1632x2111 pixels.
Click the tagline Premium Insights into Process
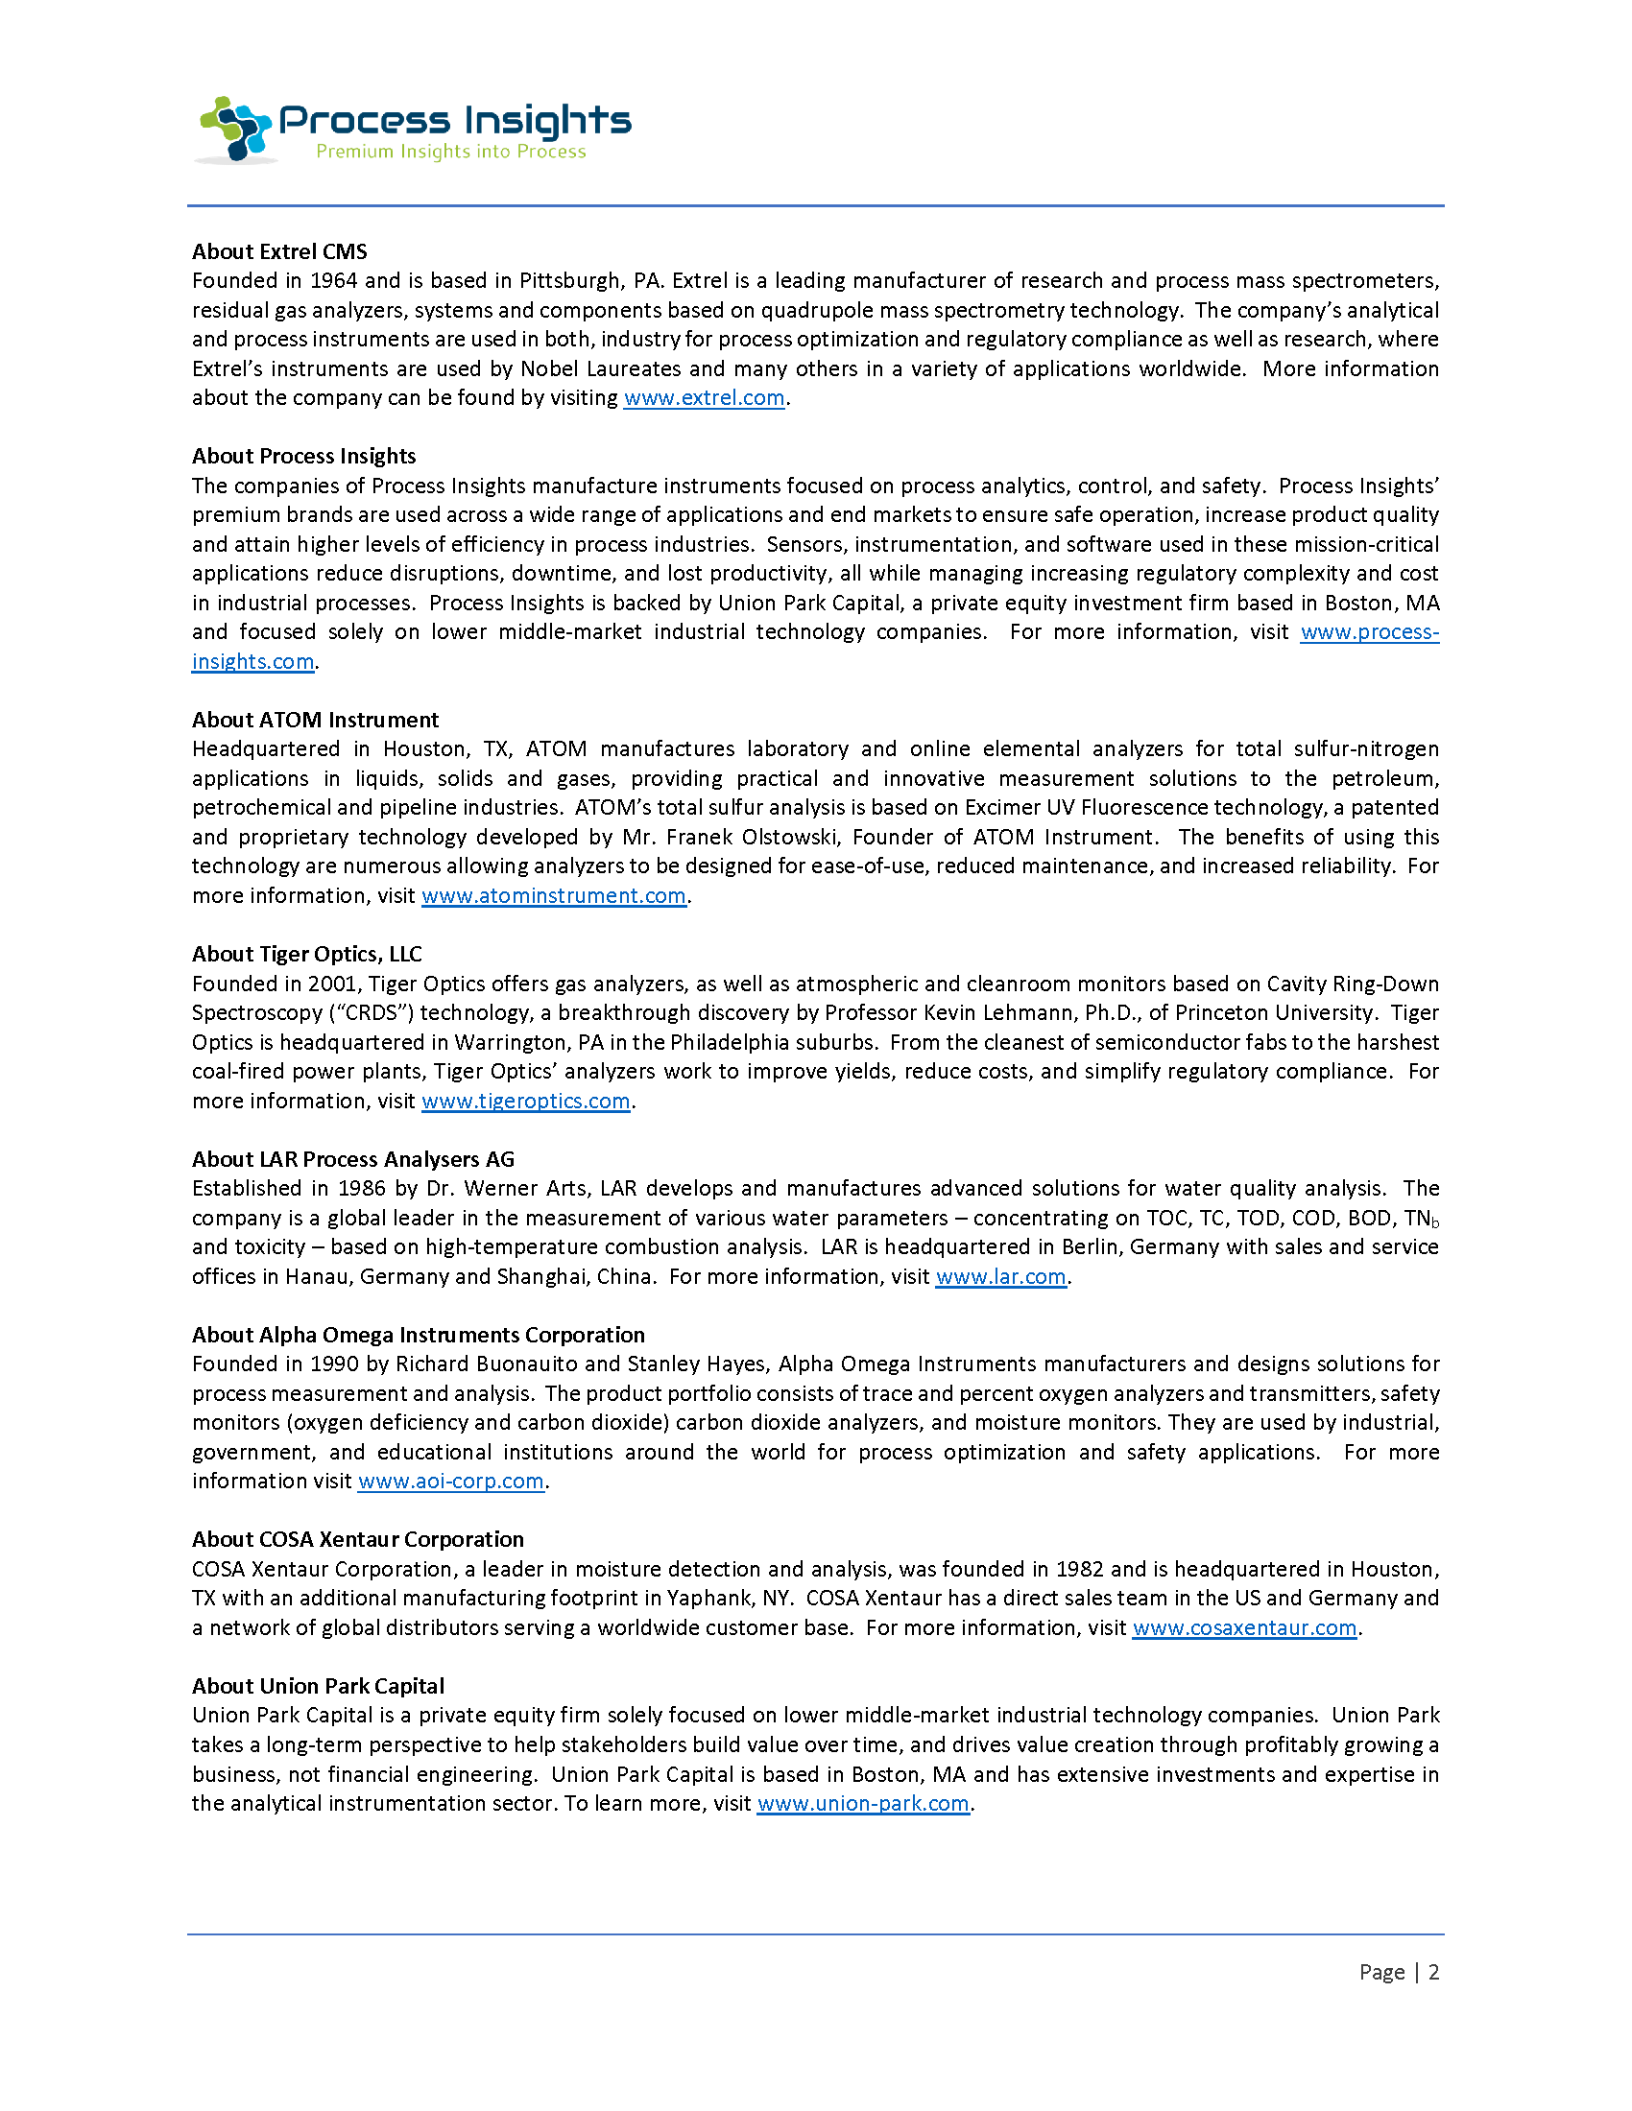[450, 152]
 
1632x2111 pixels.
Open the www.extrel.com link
[704, 398]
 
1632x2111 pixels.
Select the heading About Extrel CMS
[279, 251]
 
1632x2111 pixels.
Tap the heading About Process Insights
[303, 456]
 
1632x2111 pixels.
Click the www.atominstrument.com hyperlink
[554, 896]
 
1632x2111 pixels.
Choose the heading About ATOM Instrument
[315, 720]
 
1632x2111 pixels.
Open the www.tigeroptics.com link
[526, 1101]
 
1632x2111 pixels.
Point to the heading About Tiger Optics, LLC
[306, 954]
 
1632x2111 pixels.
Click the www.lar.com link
[1000, 1277]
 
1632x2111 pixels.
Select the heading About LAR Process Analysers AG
[353, 1159]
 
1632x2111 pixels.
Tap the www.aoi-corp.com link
[450, 1482]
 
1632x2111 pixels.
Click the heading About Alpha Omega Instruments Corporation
[418, 1335]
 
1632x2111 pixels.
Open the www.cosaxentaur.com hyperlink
[1244, 1627]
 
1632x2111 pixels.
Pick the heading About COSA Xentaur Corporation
[358, 1540]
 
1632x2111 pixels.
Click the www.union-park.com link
[862, 1804]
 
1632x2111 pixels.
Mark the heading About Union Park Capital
[318, 1686]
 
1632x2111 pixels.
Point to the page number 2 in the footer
[1434, 1972]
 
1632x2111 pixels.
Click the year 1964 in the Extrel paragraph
[333, 281]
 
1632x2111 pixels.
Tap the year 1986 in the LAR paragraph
[361, 1189]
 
